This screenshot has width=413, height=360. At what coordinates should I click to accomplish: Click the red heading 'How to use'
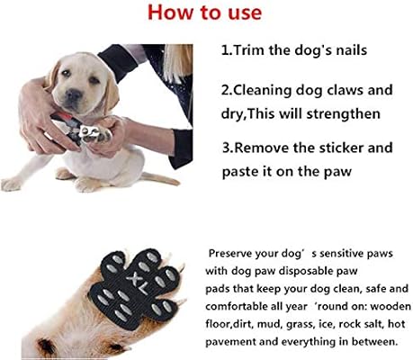click(x=207, y=14)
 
